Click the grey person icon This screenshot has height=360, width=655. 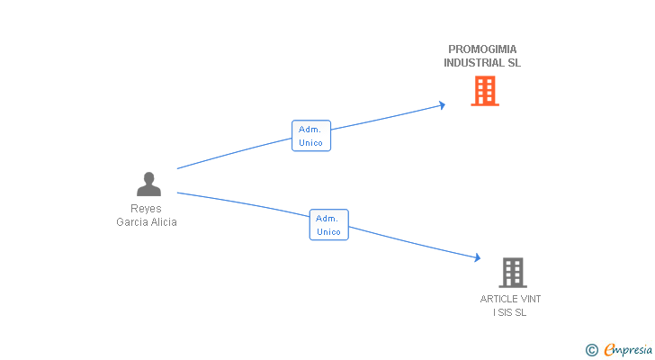point(148,184)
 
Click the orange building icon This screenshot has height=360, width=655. point(485,91)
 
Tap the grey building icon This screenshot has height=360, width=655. point(513,273)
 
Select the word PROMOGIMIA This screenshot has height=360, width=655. point(482,49)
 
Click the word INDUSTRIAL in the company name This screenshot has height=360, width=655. point(471,63)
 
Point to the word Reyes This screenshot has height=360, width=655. point(146,209)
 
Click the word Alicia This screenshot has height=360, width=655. point(163,221)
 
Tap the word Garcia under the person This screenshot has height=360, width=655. point(131,221)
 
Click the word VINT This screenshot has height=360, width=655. point(531,299)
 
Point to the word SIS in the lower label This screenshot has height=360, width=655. point(505,312)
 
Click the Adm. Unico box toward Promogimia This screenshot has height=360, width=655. point(311,136)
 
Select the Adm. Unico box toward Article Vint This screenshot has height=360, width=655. point(328,225)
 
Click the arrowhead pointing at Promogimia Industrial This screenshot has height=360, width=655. point(442,104)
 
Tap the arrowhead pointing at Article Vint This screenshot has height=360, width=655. point(478,257)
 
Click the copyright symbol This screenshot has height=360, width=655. point(592,350)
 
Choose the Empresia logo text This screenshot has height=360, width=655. point(628,349)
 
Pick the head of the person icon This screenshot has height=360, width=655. point(148,177)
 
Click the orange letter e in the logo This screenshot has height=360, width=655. point(610,350)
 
